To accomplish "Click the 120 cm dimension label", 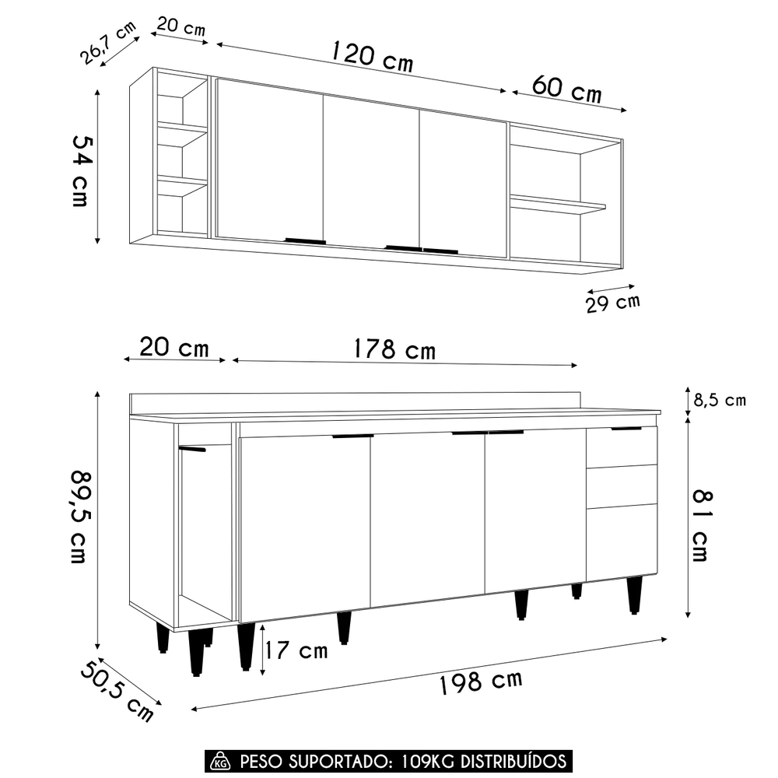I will (x=372, y=56).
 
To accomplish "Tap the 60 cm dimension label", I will (x=568, y=88).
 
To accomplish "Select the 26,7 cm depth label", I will (x=106, y=44).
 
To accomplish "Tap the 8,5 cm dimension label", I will (x=720, y=401).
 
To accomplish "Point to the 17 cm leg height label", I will (x=296, y=650).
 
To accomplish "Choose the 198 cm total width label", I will (x=480, y=682).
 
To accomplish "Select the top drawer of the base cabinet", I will (x=622, y=447).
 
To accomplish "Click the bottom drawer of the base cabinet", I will (x=622, y=541).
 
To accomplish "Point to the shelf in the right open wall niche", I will (x=557, y=205).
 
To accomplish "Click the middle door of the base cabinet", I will (x=428, y=517).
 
